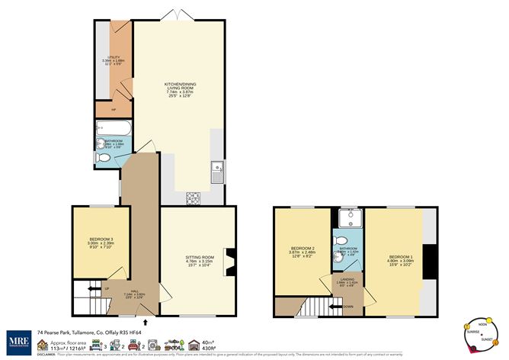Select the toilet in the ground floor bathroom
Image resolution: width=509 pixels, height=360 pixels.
[106, 157]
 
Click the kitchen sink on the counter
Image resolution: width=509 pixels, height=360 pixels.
[217, 172]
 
